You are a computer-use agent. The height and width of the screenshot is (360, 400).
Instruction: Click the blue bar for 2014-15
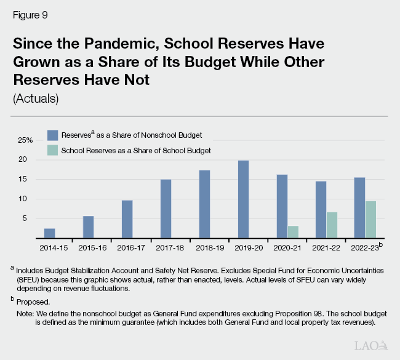(x=49, y=233)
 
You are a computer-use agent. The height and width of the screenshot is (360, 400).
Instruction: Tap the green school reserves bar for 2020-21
(x=293, y=232)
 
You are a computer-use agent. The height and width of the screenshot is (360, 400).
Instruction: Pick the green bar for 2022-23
(x=370, y=220)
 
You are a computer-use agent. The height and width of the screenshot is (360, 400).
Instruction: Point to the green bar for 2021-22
(x=332, y=225)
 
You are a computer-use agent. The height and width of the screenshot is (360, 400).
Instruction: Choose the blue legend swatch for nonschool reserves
(x=53, y=135)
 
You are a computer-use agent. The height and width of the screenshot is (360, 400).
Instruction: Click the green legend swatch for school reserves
(x=53, y=150)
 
